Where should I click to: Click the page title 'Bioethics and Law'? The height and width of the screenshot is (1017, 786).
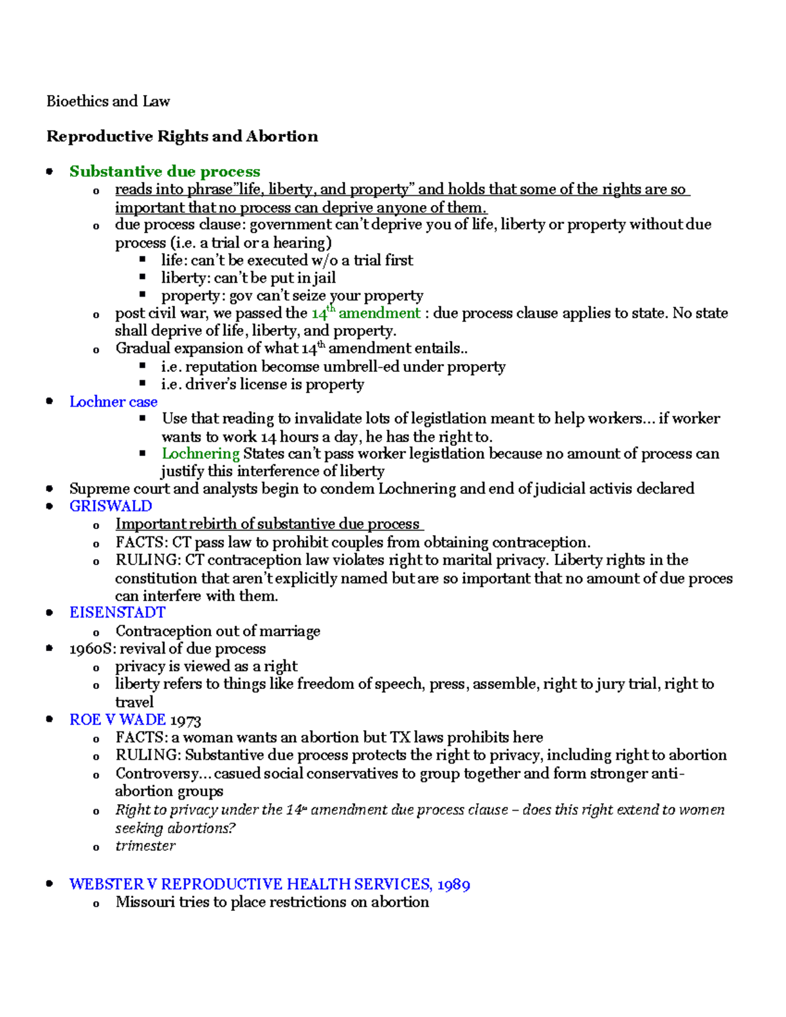108,102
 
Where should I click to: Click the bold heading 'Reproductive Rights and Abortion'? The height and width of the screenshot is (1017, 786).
182,136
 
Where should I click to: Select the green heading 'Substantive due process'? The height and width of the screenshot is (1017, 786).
165,172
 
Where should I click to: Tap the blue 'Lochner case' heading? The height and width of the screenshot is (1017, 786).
113,402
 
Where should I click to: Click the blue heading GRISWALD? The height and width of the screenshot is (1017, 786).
111,506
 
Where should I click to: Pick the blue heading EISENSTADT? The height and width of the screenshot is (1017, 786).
117,613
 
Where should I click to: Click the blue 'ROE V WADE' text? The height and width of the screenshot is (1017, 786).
117,720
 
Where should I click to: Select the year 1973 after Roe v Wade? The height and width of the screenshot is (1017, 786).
185,720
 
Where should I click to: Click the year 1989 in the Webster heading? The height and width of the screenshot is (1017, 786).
453,885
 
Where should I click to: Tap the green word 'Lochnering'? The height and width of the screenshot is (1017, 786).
200,454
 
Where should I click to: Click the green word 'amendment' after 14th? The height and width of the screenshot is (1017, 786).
379,313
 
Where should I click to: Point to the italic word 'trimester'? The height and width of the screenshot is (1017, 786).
145,846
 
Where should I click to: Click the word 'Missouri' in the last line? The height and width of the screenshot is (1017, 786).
145,902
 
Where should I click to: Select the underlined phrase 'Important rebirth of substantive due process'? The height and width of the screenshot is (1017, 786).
268,524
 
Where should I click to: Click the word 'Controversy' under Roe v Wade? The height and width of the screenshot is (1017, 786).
158,773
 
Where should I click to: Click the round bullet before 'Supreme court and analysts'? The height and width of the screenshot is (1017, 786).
50,489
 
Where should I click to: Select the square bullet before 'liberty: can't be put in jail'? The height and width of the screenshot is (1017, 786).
142,278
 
